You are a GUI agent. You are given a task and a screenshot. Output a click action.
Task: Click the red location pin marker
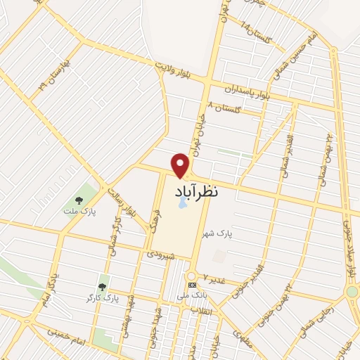pyautogui.click(x=181, y=164)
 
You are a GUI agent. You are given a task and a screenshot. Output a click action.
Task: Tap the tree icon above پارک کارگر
pyautogui.click(x=103, y=287)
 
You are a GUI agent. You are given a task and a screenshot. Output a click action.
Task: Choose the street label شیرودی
pyautogui.click(x=160, y=255)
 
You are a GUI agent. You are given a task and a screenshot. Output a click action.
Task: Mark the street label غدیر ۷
pyautogui.click(x=214, y=278)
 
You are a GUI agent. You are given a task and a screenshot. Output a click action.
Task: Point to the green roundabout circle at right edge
pyautogui.click(x=352, y=292)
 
